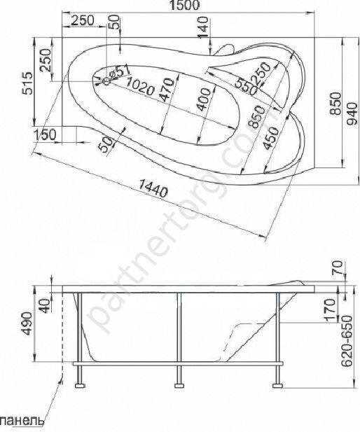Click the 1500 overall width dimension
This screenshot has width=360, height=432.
(x=184, y=5)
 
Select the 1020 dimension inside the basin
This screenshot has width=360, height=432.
(x=139, y=86)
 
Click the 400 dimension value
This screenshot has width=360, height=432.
(x=204, y=99)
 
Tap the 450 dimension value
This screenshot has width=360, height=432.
(x=270, y=138)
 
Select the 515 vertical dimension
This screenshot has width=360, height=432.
(x=28, y=83)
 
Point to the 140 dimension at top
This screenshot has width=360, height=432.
(x=203, y=27)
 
